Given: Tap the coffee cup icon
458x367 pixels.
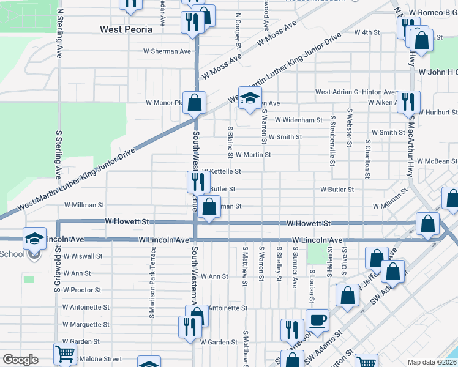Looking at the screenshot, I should [x=317, y=320].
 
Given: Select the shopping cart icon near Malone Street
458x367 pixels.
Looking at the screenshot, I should [x=64, y=354].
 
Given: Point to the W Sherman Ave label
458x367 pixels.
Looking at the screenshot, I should [x=167, y=51].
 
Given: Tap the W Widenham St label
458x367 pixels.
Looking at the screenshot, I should [x=298, y=120].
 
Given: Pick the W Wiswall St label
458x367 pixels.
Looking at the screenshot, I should [x=82, y=256].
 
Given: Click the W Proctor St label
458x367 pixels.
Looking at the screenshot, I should [x=81, y=290].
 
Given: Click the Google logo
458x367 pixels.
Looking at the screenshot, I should [x=20, y=360].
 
